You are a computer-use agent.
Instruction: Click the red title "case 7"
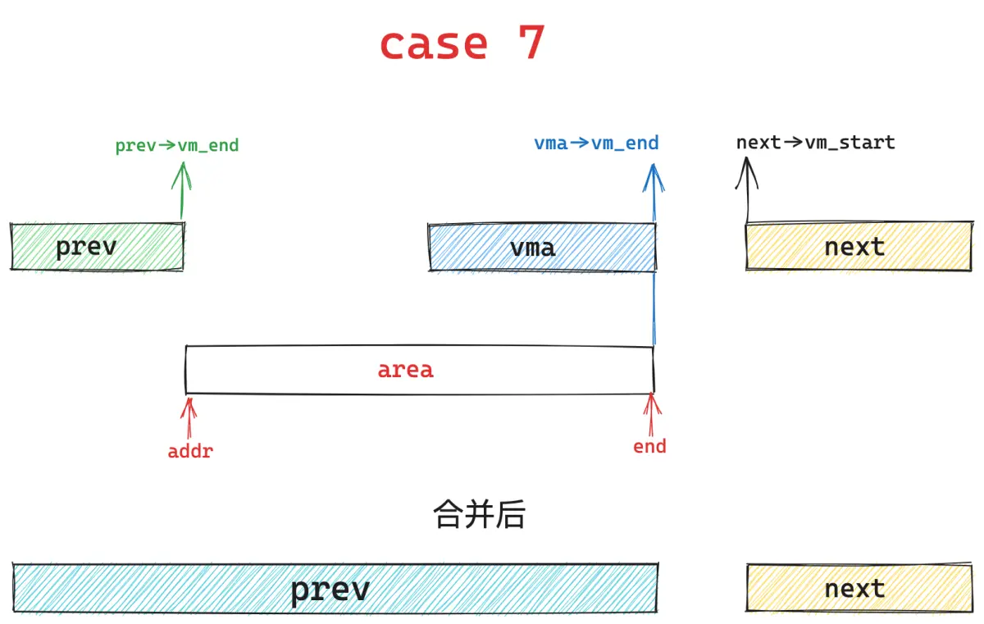point(462,43)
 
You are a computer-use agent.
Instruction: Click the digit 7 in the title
point(532,42)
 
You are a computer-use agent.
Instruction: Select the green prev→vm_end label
point(177,145)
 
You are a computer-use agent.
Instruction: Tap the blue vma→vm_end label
point(596,143)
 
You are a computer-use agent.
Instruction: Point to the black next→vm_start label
point(815,143)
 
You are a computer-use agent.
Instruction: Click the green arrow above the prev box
point(181,190)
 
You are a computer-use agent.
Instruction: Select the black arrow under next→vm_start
point(747,189)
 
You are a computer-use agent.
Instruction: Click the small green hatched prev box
point(98,246)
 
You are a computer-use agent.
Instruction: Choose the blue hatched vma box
point(543,248)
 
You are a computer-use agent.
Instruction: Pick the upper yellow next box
point(859,246)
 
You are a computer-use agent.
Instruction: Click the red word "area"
point(405,370)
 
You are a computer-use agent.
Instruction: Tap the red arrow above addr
point(189,418)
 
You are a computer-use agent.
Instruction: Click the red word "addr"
point(190,452)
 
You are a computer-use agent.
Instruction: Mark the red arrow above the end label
point(651,415)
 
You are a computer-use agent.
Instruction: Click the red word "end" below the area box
point(649,447)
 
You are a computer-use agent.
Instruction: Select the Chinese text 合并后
point(479,514)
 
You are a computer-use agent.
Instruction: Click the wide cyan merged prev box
point(335,588)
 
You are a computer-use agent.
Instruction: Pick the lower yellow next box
point(859,588)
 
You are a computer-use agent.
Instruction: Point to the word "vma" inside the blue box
point(532,248)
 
